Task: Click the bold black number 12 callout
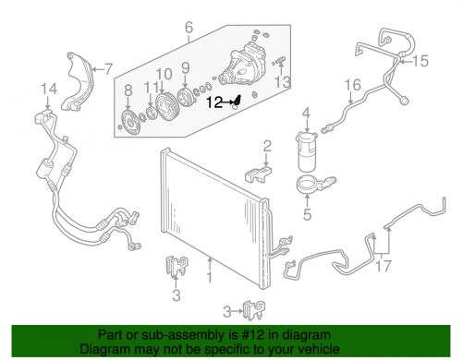point(214,102)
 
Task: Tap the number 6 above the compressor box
point(188,28)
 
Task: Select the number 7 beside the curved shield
point(107,69)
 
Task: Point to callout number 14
point(49,89)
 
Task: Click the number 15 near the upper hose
point(420,61)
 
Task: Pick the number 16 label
point(352,85)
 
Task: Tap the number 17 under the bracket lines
point(383,266)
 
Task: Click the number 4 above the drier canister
point(306,114)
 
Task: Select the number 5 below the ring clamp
point(308,214)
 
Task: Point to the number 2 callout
point(267,146)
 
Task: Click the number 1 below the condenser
point(210,277)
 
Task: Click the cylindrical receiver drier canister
point(307,151)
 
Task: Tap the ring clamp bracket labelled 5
point(314,184)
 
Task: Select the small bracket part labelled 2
point(258,174)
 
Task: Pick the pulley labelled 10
point(166,106)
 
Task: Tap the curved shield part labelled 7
point(79,81)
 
